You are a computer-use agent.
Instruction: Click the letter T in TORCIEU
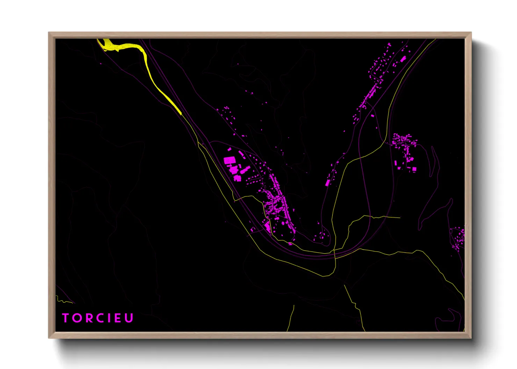[65, 318]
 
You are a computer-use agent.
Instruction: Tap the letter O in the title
[77, 318]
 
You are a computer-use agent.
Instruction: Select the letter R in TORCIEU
[87, 318]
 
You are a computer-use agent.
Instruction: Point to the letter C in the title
[99, 318]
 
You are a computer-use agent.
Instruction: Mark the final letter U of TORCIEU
[129, 318]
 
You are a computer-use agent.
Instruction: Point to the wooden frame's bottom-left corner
[49, 338]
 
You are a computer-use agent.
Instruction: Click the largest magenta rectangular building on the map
[229, 161]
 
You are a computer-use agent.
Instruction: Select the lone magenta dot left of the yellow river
[101, 63]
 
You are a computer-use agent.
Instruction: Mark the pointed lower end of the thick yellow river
[181, 113]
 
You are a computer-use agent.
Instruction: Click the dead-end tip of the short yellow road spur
[400, 218]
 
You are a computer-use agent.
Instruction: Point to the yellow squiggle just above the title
[63, 301]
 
